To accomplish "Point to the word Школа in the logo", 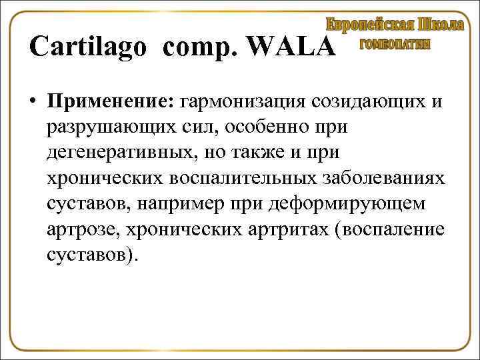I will pos(441,25).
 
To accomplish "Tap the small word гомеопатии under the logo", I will pos(395,44).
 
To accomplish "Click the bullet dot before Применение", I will pos(32,102).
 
